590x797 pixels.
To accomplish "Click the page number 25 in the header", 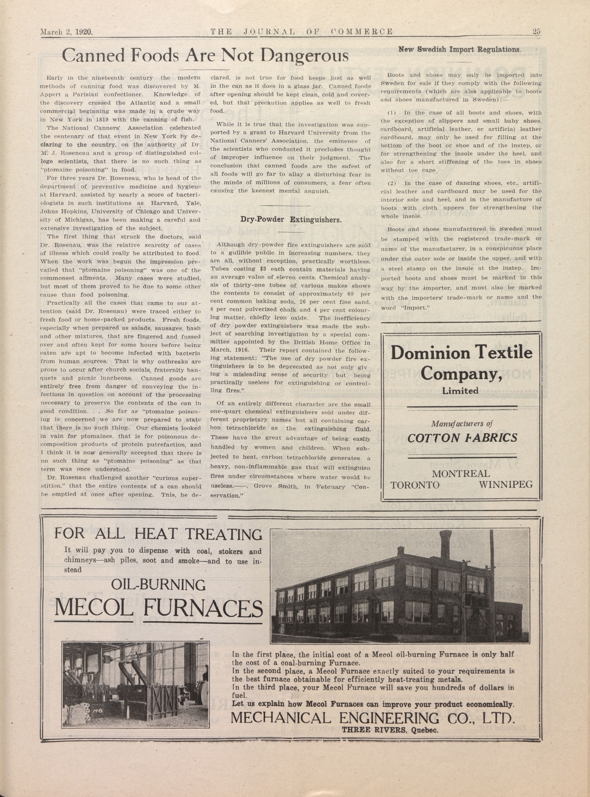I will [536, 31].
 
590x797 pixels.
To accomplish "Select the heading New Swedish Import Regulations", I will [460, 49].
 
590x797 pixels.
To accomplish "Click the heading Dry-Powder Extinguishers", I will [291, 219].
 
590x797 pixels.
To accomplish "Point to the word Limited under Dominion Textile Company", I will [460, 391].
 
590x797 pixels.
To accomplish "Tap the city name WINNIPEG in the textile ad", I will [506, 485].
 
